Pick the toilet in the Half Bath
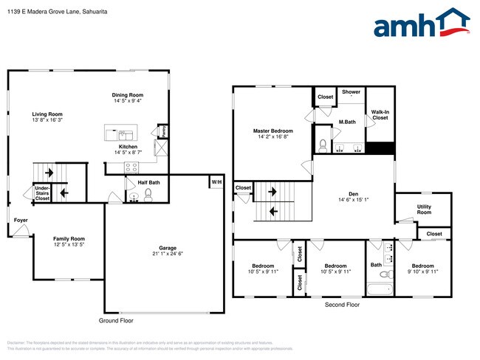(148, 195)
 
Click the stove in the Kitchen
(131, 166)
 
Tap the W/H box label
(216, 181)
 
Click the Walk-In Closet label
(380, 114)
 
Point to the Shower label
(351, 92)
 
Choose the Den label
(353, 195)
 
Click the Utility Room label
(424, 210)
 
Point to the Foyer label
(21, 220)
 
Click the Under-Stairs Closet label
(42, 193)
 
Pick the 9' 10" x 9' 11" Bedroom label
(424, 269)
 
